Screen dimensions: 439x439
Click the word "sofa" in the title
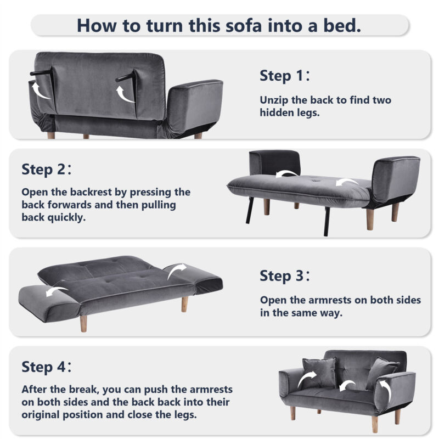(x=244, y=25)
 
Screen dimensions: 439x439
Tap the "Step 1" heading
(x=284, y=76)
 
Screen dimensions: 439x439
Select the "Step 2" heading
(x=46, y=170)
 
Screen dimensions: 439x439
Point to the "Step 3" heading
(x=284, y=276)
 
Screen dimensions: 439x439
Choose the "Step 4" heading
(x=46, y=367)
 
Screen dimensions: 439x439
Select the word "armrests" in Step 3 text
(x=330, y=300)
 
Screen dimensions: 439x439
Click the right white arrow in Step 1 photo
(x=124, y=94)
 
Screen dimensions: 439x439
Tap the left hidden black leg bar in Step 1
(x=42, y=72)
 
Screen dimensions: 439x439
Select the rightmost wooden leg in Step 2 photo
(x=395, y=212)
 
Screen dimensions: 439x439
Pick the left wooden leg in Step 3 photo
(x=83, y=324)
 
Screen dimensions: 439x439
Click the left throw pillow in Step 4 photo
(x=319, y=372)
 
